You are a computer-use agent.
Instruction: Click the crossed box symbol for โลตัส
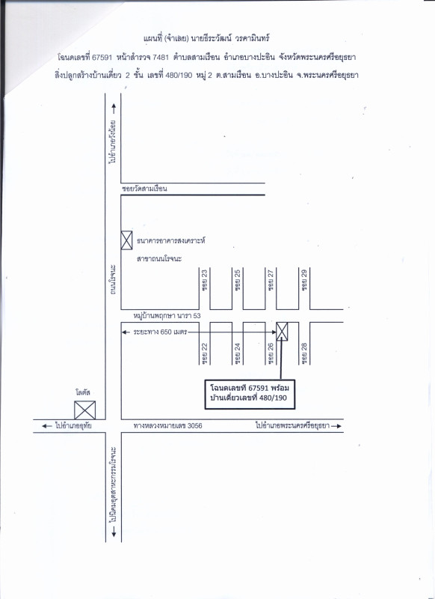[84, 410]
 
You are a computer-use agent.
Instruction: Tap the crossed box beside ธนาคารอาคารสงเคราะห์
[126, 240]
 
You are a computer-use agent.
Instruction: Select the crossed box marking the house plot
[282, 331]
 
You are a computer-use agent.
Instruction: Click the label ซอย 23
[205, 280]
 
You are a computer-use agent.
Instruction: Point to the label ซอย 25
[238, 280]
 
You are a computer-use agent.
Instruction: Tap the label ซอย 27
[271, 280]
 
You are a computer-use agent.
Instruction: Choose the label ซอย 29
[304, 280]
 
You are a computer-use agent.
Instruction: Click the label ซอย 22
[205, 353]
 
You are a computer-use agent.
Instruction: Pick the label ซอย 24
[238, 353]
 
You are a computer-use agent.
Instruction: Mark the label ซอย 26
[271, 353]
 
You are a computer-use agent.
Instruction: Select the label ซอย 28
[304, 353]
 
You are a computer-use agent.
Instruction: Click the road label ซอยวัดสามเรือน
[144, 189]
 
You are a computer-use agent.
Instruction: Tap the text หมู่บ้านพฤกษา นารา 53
[167, 316]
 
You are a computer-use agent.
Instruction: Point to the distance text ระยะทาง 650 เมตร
[160, 332]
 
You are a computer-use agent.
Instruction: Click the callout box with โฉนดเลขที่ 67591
[250, 395]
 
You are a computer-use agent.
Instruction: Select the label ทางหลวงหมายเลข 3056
[167, 425]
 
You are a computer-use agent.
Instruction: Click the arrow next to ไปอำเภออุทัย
[47, 426]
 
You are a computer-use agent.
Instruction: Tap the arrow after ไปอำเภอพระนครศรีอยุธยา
[336, 426]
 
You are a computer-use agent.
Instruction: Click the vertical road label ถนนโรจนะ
[113, 279]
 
